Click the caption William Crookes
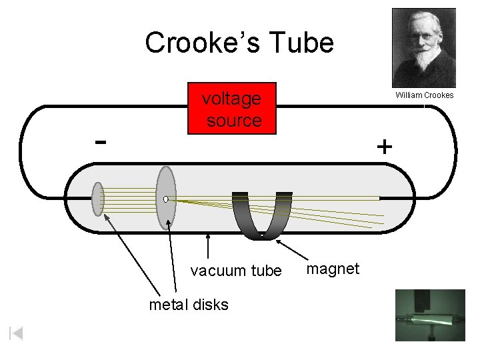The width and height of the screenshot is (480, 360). point(424,95)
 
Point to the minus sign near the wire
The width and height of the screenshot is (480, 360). point(100,141)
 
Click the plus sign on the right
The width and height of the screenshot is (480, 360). point(384,147)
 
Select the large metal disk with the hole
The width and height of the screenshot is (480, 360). point(166,198)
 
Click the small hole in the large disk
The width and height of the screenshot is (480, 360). point(165,199)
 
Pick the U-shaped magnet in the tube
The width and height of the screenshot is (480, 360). point(261,217)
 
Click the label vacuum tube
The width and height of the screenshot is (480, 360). point(236,271)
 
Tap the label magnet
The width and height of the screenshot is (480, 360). point(332,268)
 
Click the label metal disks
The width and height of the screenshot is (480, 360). point(189,305)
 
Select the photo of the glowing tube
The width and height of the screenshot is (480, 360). point(429,315)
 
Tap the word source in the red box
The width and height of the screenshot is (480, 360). point(234,121)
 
